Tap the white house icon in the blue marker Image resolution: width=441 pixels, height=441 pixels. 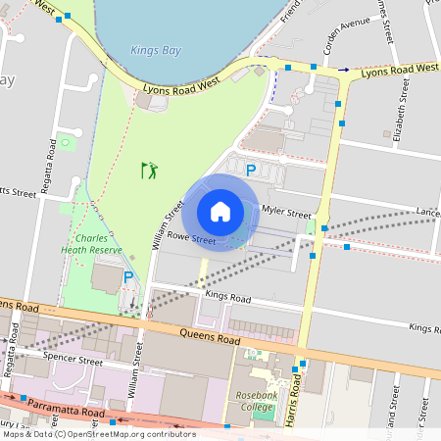coord(220,212)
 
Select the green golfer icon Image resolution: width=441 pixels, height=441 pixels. coord(149,171)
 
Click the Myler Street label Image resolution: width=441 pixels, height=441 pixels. coord(286,213)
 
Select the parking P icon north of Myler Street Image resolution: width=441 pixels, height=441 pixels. coord(251,171)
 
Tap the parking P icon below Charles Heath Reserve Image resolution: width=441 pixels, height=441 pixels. coord(128,277)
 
